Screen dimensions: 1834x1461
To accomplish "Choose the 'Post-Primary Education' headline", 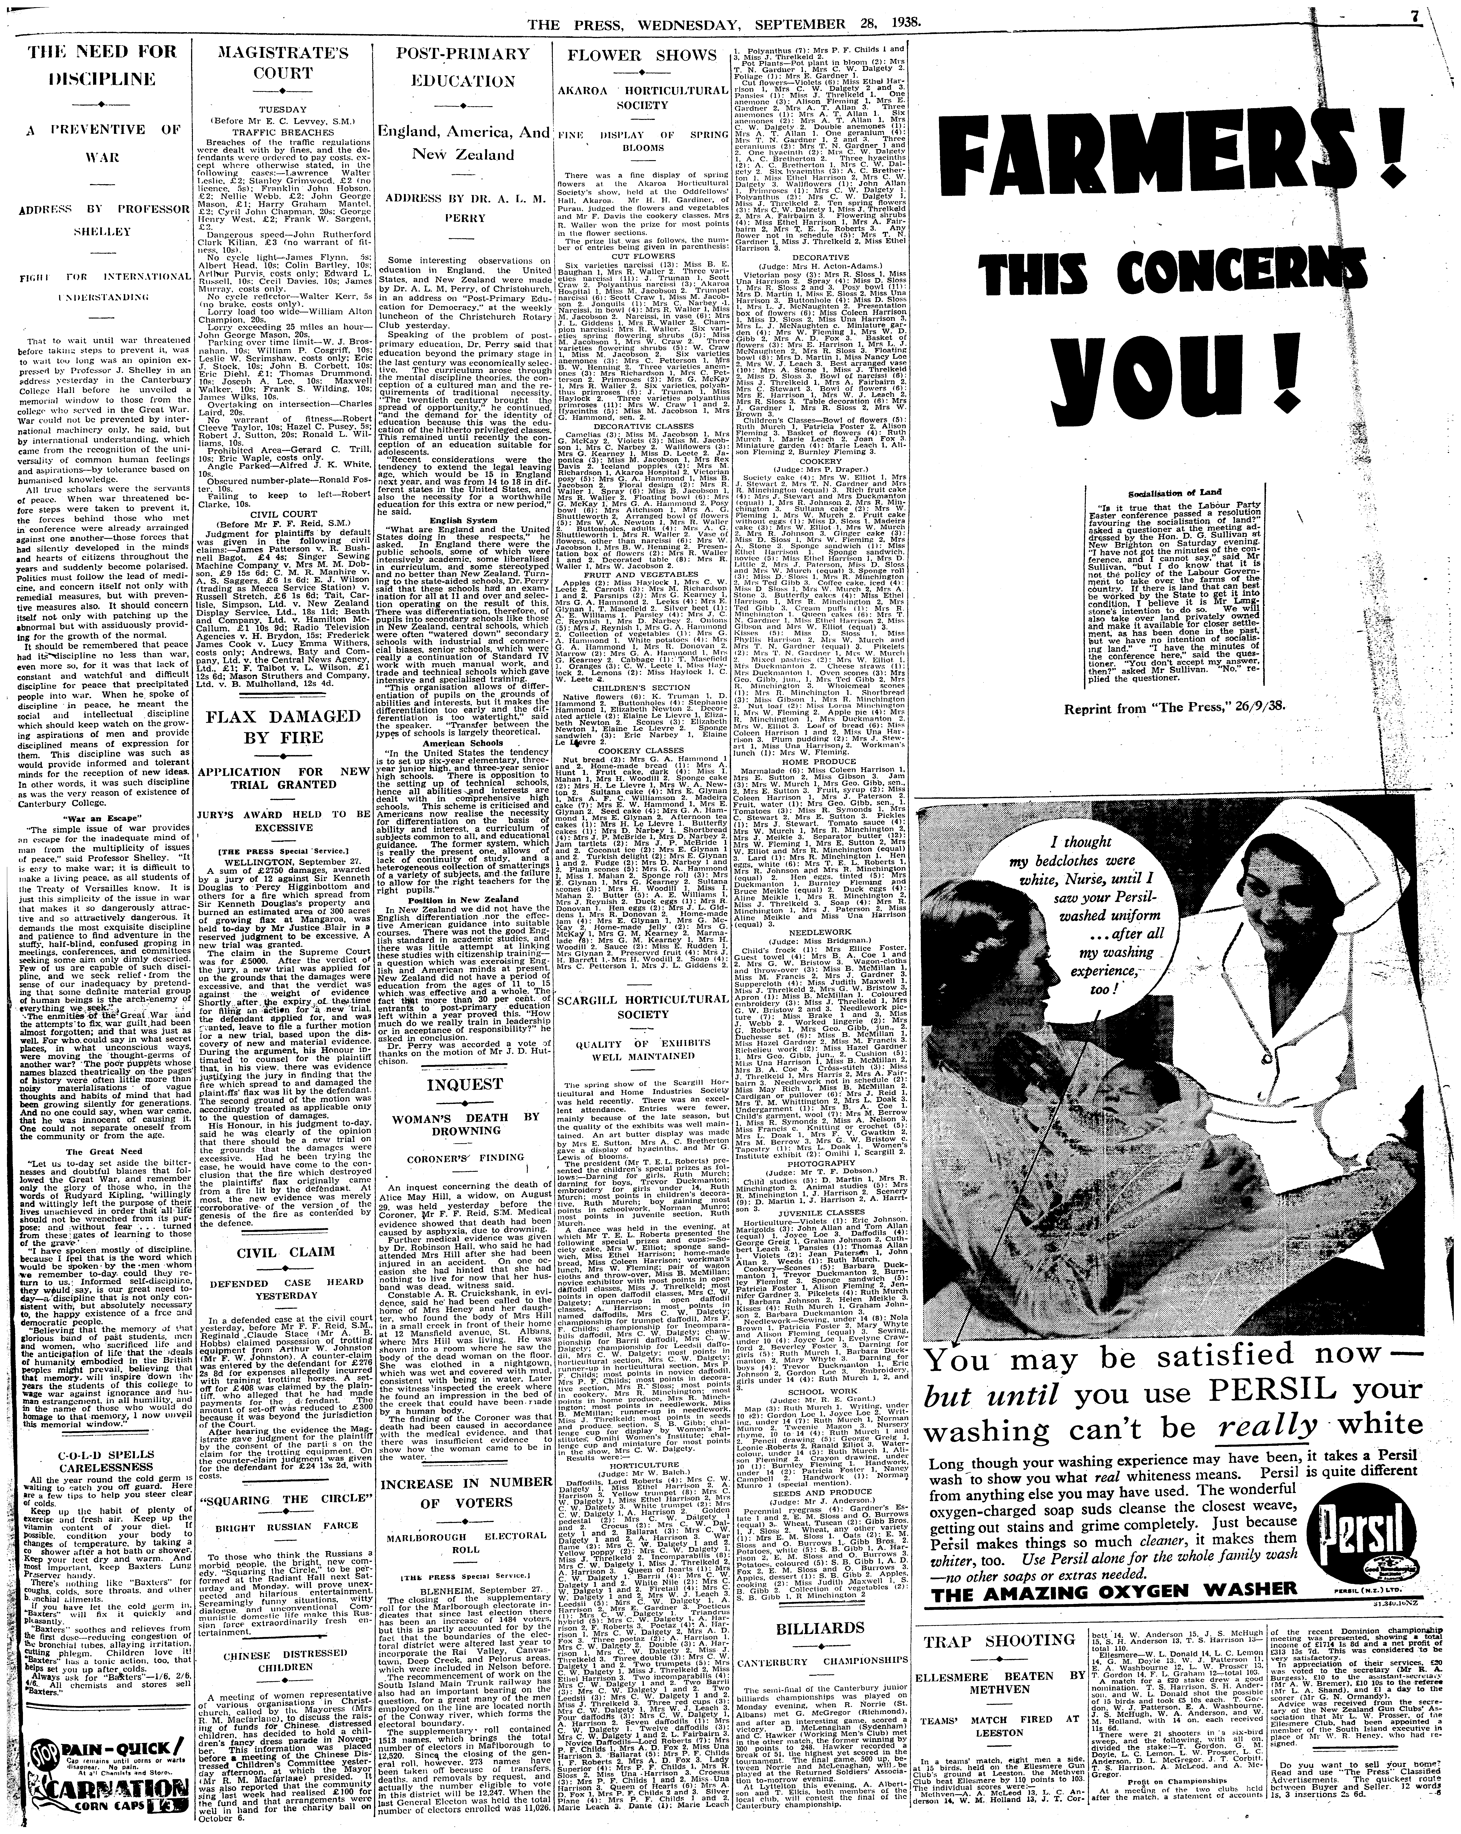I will click(464, 72).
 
